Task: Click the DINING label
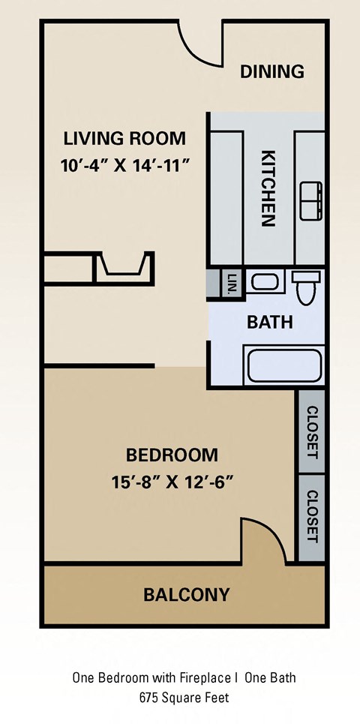click(271, 72)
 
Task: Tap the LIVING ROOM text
click(124, 139)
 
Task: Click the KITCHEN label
click(268, 188)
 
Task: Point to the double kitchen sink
click(310, 201)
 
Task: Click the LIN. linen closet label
click(230, 284)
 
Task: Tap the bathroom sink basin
click(263, 283)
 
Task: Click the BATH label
click(269, 323)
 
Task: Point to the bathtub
click(283, 365)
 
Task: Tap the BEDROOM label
click(172, 455)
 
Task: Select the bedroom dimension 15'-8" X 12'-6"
click(172, 481)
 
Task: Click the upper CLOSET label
click(312, 433)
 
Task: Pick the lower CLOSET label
click(312, 516)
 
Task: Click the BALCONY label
click(186, 595)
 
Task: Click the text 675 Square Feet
click(184, 697)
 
